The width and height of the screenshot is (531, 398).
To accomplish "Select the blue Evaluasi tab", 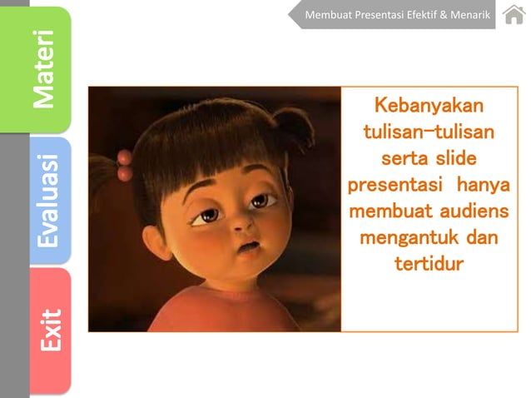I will point(50,200).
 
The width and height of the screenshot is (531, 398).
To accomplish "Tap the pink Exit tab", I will point(50,329).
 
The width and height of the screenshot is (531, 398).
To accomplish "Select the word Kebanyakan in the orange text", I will point(429,107).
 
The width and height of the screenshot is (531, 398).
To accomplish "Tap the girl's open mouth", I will point(249,248).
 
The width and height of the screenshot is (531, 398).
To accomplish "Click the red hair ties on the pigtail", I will point(124,166).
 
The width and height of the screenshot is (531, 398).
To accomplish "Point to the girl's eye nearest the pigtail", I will point(206,216).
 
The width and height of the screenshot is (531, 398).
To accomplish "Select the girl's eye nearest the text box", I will point(261,200).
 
